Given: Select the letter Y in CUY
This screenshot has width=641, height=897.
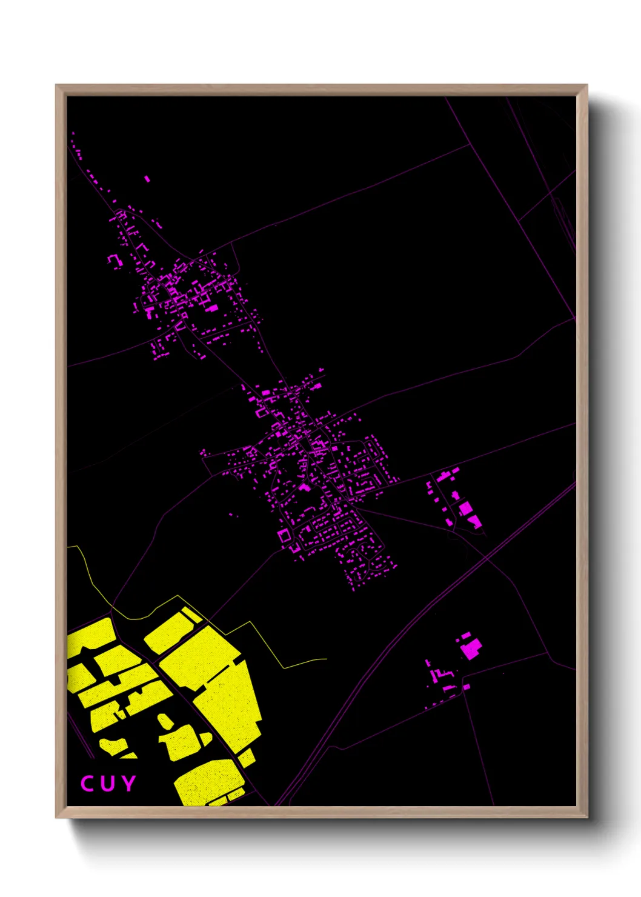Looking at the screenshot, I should pyautogui.click(x=128, y=784).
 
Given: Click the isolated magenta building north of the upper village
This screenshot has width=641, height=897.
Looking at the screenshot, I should pyautogui.click(x=147, y=179).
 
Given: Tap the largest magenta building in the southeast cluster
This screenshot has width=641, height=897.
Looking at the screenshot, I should pyautogui.click(x=471, y=649).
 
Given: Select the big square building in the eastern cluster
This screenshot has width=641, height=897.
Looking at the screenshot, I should pyautogui.click(x=465, y=508).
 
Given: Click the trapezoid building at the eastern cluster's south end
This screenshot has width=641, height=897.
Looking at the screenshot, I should pyautogui.click(x=474, y=521).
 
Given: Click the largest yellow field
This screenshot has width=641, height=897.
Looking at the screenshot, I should pyautogui.click(x=224, y=685).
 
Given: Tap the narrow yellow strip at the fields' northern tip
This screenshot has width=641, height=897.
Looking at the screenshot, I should pyautogui.click(x=191, y=614).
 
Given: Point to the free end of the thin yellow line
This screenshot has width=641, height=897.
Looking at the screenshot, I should pyautogui.click(x=327, y=659).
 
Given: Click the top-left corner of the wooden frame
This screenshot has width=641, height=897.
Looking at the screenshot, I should pyautogui.click(x=56, y=85).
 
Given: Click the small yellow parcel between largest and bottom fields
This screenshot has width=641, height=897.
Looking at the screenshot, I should pyautogui.click(x=247, y=757).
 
